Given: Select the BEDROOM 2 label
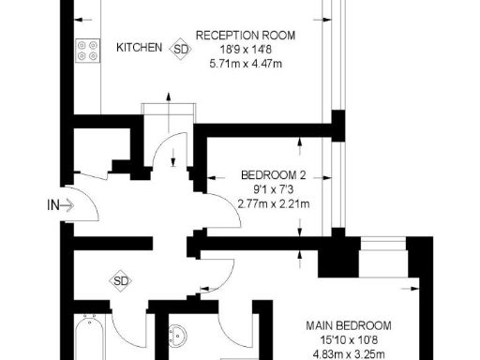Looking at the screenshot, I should pyautogui.click(x=273, y=174).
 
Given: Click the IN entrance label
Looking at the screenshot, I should pyautogui.click(x=54, y=204).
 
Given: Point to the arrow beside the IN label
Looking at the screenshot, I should pyautogui.click(x=68, y=204).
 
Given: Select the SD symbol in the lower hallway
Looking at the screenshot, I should pyautogui.click(x=120, y=279).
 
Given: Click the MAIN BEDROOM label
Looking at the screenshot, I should pyautogui.click(x=348, y=325).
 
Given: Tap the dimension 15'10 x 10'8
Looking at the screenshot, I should pyautogui.click(x=348, y=339).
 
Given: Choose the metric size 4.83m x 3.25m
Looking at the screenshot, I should pyautogui.click(x=348, y=353).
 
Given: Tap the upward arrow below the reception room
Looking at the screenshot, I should pyautogui.click(x=169, y=97).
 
